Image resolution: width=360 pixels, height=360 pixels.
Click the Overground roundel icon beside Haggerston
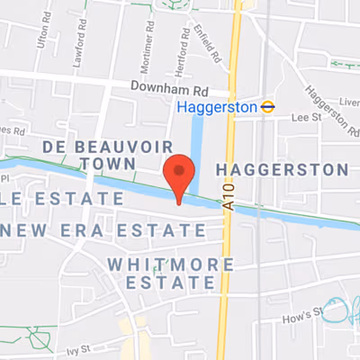pyautogui.click(x=267, y=107)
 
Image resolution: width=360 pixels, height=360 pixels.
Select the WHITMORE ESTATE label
pyautogui.click(x=169, y=274)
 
